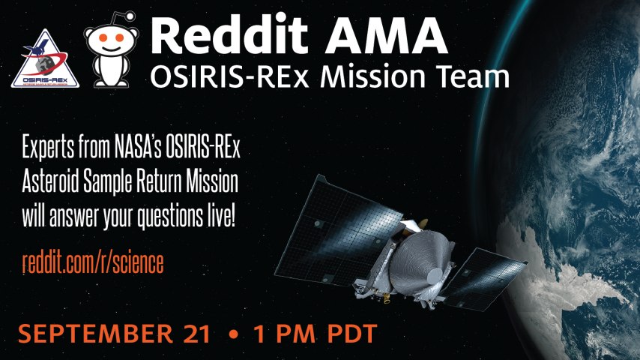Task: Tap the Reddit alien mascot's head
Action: click(111, 40)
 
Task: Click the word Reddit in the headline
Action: click(229, 34)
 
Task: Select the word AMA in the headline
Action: click(387, 34)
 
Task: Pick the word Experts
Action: click(48, 147)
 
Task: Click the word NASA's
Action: click(138, 146)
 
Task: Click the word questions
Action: click(170, 217)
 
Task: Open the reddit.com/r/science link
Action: click(93, 262)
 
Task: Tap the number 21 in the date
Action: click(197, 334)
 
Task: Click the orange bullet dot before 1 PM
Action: click(234, 334)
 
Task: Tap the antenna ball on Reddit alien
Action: click(130, 16)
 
